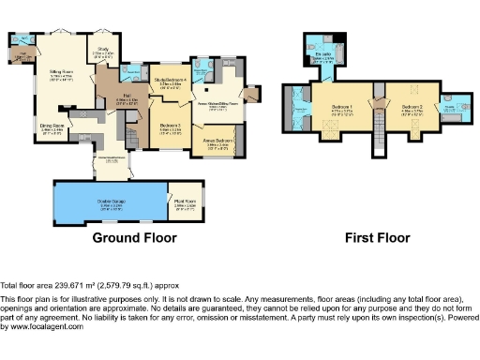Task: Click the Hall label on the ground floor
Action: coord(125,96)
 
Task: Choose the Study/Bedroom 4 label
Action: coord(172,81)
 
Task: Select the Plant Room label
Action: coord(185,200)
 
